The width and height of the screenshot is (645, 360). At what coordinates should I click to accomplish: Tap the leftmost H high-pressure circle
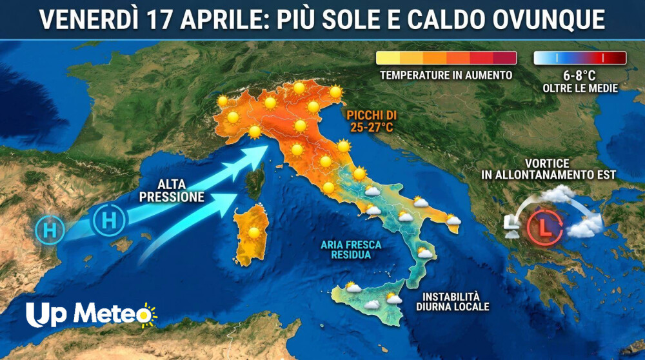[x=50, y=230]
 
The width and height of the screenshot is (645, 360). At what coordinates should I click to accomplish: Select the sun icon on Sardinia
[x=254, y=232]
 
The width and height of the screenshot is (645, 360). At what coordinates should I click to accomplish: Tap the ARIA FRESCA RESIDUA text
[x=351, y=250]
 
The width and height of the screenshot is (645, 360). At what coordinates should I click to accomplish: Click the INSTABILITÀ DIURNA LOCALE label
[x=455, y=302]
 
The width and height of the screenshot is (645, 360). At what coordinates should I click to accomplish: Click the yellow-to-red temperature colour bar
[x=446, y=58]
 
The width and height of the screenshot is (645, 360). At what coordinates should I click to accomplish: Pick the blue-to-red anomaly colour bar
[x=580, y=58]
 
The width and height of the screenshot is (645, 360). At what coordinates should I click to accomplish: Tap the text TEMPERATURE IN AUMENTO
[x=446, y=75]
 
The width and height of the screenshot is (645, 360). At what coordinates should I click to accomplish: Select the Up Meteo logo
[x=91, y=314]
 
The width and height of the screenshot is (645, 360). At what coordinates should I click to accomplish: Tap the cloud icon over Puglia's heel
[x=453, y=221]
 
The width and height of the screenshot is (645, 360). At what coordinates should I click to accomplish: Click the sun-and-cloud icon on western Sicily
[x=352, y=287]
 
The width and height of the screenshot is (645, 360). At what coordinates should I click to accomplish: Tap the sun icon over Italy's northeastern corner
[x=335, y=92]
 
